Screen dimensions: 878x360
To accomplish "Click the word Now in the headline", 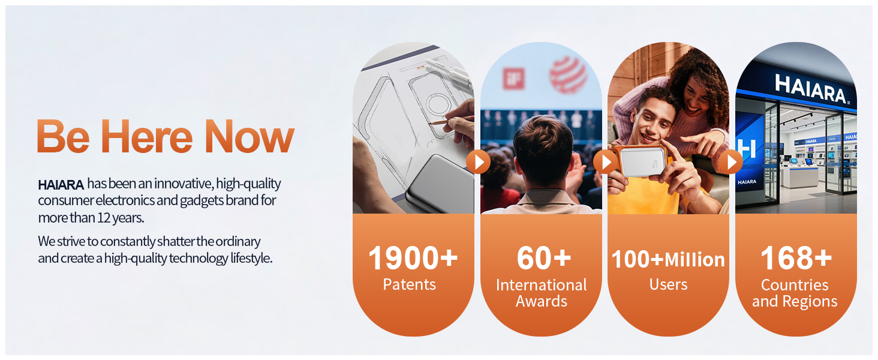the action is point(249,136).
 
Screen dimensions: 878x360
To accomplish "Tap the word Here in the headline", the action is point(146,136).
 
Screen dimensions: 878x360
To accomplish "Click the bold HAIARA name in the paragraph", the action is point(61,185).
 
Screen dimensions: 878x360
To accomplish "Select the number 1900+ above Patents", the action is point(413,257).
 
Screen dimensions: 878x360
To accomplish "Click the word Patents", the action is point(409,284).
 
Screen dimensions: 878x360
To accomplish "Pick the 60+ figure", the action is point(544,258).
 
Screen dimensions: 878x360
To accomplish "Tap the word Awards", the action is point(542,301).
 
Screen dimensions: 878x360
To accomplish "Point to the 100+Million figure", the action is point(668,259).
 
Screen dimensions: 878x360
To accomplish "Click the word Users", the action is point(668,284).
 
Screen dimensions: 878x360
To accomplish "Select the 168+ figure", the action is point(796,258).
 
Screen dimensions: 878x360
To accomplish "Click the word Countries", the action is point(795,285).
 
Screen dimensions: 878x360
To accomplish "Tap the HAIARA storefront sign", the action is point(811,89).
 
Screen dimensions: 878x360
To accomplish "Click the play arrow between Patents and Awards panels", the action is point(478,161).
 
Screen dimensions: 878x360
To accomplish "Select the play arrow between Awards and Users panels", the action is point(605,161).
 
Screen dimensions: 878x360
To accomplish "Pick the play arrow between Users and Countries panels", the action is point(730,161).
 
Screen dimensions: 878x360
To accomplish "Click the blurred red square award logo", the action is point(514,79).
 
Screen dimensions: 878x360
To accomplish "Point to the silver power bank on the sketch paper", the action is point(440,184).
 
